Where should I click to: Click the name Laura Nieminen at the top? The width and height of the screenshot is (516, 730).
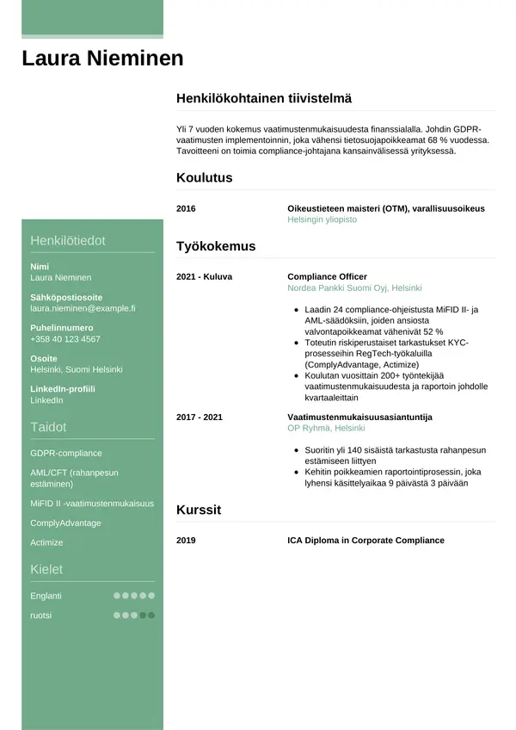pyautogui.click(x=102, y=59)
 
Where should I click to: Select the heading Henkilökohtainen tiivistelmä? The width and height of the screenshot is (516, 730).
pyautogui.click(x=263, y=99)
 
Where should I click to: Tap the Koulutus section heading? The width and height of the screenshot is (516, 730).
pyautogui.click(x=204, y=178)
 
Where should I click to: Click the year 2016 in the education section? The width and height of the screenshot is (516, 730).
pyautogui.click(x=186, y=208)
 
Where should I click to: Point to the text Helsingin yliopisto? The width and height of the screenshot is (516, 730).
pyautogui.click(x=322, y=220)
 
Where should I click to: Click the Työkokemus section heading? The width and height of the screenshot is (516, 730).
pyautogui.click(x=216, y=246)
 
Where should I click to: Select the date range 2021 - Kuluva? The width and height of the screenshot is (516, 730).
pyautogui.click(x=204, y=276)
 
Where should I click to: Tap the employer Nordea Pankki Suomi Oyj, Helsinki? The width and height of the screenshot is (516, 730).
pyautogui.click(x=354, y=288)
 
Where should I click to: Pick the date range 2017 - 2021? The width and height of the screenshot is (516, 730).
pyautogui.click(x=200, y=417)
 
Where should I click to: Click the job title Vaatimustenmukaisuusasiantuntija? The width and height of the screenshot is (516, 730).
pyautogui.click(x=359, y=417)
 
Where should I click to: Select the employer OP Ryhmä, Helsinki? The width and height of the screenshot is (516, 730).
pyautogui.click(x=326, y=428)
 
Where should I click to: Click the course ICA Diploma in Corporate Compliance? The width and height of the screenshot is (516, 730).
pyautogui.click(x=365, y=541)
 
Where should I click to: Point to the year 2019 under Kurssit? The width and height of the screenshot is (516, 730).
pyautogui.click(x=186, y=541)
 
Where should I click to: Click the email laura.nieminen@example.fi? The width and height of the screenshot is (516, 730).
pyautogui.click(x=83, y=307)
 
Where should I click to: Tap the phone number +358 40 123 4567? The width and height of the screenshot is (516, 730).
pyautogui.click(x=65, y=339)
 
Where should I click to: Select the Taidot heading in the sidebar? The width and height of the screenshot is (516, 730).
pyautogui.click(x=48, y=427)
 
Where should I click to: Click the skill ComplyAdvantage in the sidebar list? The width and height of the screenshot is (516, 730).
pyautogui.click(x=65, y=523)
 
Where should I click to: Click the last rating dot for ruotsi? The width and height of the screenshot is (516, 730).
pyautogui.click(x=151, y=616)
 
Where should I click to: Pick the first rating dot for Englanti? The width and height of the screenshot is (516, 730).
pyautogui.click(x=117, y=596)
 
